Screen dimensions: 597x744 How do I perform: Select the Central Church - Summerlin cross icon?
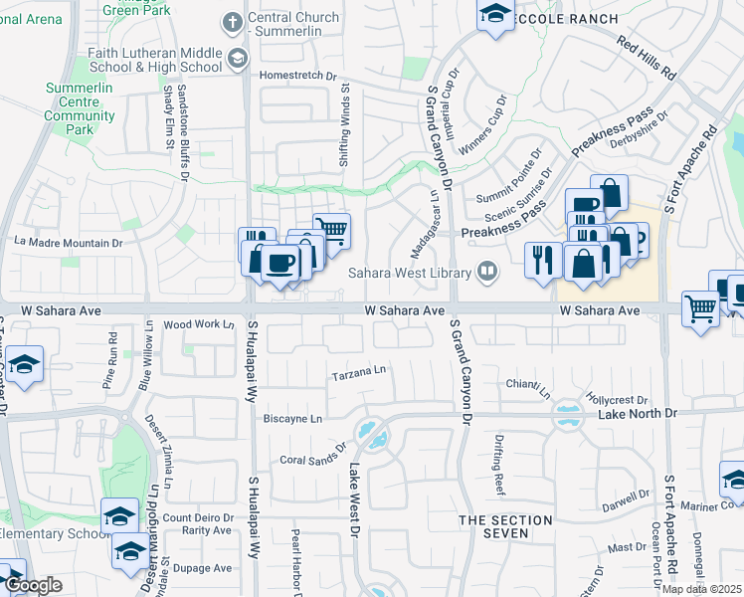[232, 22]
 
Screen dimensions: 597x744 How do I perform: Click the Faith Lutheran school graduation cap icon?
[237, 60]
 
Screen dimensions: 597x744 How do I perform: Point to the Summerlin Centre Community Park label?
[80, 109]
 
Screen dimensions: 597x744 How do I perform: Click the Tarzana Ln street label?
[359, 371]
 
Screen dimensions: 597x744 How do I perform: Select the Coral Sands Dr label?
[312, 459]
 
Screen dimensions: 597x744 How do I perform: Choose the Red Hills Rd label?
[647, 58]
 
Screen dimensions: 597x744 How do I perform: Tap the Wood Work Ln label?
[198, 324]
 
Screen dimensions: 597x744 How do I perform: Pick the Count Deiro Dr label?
[197, 517]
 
